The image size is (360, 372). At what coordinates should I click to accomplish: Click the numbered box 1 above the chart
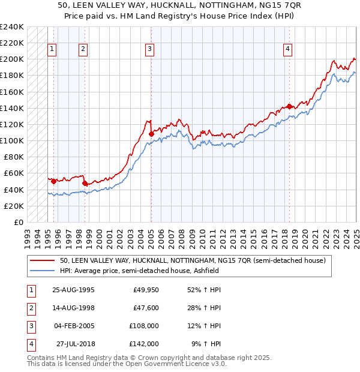point(53,49)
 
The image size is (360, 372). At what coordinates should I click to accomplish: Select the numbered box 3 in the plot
point(149,49)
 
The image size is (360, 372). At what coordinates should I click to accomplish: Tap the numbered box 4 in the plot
point(288,49)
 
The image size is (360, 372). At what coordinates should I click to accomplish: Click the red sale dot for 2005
point(151,134)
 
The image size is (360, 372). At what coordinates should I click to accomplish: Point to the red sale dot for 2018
point(289,106)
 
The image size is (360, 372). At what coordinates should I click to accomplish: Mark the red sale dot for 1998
point(85,183)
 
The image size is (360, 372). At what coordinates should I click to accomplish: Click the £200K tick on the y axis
point(11,59)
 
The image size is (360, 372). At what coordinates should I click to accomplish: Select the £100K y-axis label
point(11,140)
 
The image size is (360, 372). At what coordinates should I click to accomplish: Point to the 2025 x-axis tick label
point(356,234)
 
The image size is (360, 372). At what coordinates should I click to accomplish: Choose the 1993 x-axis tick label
point(28,234)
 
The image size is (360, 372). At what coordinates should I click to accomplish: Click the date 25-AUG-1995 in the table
point(73,290)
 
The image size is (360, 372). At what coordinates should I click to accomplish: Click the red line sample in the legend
point(42,261)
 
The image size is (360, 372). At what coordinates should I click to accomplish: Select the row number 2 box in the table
point(30,308)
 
